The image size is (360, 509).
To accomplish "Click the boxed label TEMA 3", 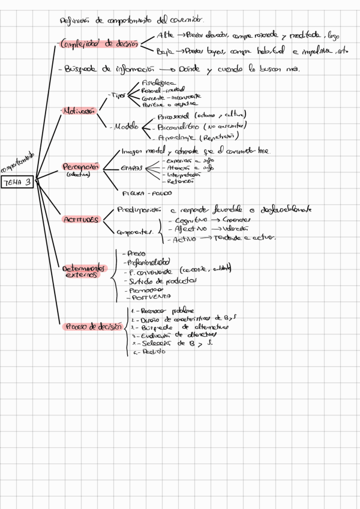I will click(x=17, y=182).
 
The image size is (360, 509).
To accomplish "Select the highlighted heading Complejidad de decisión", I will click(x=100, y=43).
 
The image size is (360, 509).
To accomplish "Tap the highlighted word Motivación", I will click(x=79, y=111).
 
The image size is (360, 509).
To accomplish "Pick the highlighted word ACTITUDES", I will click(x=80, y=220).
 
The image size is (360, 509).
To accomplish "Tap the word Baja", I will click(x=164, y=51).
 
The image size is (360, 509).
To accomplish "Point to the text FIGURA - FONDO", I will click(x=146, y=193).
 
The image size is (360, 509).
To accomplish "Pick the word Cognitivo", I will click(x=187, y=221).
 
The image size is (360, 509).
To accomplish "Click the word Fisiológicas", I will click(x=158, y=83).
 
